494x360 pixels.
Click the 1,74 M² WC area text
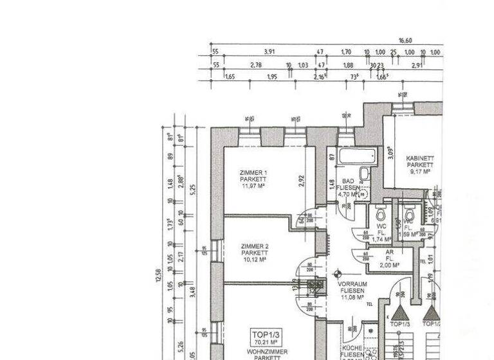click(x=381, y=239)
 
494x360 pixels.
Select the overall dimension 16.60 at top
click(x=405, y=40)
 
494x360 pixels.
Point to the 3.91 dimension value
click(x=270, y=52)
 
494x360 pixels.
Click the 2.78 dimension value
click(x=256, y=65)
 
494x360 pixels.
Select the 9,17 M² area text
click(x=419, y=172)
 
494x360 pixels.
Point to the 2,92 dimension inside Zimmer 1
click(x=301, y=181)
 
